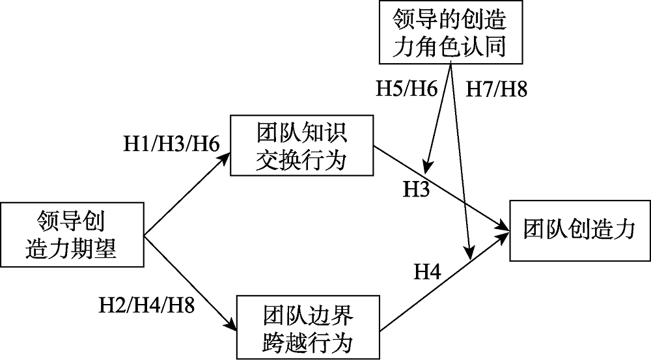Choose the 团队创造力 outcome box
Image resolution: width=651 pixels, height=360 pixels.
click(579, 229)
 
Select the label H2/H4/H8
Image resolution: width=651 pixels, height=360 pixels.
click(147, 304)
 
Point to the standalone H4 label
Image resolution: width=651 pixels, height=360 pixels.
click(428, 272)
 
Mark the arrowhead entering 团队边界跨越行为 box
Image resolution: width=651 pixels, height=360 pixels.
click(233, 323)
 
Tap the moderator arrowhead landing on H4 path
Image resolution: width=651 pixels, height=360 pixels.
click(468, 252)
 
